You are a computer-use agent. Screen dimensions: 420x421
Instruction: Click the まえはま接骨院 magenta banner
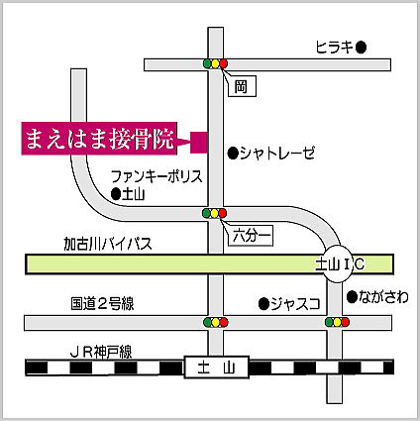point(99,139)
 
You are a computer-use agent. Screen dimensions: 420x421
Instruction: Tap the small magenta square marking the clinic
point(199,143)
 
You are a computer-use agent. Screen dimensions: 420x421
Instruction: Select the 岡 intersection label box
point(243,86)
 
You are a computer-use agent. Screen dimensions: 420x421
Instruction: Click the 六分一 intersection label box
point(251,236)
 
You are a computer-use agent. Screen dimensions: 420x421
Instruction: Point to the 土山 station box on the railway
point(216,367)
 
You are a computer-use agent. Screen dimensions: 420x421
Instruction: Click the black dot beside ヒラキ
point(362,48)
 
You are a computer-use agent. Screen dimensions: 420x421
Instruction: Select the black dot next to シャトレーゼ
point(233,153)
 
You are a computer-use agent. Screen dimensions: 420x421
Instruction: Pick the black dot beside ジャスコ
point(263,304)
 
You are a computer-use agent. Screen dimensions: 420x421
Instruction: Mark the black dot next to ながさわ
point(352,297)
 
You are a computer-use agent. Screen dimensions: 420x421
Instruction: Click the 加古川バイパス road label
point(108,244)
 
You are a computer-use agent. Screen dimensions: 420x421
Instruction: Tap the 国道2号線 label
point(102,304)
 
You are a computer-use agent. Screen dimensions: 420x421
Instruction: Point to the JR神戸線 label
point(101,353)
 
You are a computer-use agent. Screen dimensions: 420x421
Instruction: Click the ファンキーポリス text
point(157,176)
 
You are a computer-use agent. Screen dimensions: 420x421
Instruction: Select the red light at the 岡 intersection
point(224,63)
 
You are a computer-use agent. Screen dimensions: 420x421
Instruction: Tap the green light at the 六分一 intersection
point(207,213)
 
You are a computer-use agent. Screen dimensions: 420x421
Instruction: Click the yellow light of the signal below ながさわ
point(337,322)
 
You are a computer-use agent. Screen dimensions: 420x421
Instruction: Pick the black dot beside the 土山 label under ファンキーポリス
point(116,194)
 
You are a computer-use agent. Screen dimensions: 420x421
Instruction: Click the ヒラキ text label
point(335,48)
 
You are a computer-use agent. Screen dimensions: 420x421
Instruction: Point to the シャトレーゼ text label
point(277,154)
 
